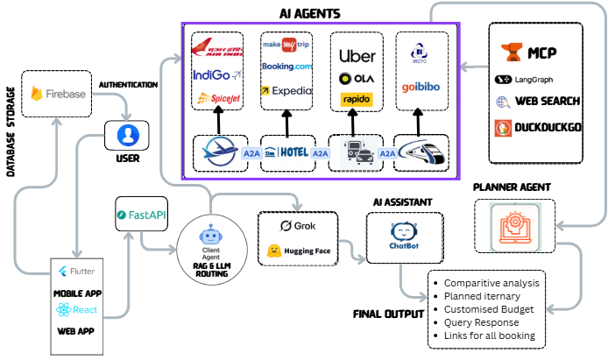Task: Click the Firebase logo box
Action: pyautogui.click(x=62, y=92)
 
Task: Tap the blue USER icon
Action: pyautogui.click(x=129, y=136)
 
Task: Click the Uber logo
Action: pyautogui.click(x=357, y=56)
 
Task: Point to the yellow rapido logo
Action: pyautogui.click(x=357, y=100)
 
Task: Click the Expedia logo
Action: pyautogui.click(x=286, y=89)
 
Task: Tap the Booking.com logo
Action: pyautogui.click(x=286, y=67)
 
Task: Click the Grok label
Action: pyautogui.click(x=299, y=227)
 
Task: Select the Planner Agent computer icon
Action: pyautogui.click(x=512, y=226)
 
